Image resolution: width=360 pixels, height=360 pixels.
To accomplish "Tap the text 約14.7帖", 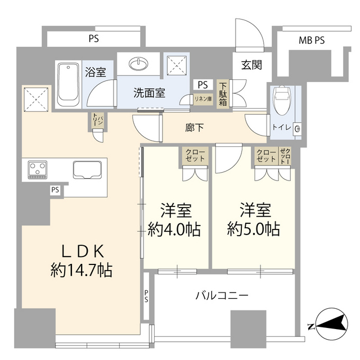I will tap(80, 271).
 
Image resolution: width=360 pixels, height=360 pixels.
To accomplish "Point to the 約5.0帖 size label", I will tap(254, 229).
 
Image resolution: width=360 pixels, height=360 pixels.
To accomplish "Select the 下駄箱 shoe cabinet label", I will tap(223, 93).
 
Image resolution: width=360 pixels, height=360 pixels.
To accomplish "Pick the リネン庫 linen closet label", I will tap(201, 98).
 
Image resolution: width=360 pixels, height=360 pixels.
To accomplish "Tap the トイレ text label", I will tap(281, 128).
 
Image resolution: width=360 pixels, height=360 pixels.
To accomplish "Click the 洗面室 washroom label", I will tap(149, 93).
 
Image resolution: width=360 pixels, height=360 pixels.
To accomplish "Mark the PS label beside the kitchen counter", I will tap(55, 190).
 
